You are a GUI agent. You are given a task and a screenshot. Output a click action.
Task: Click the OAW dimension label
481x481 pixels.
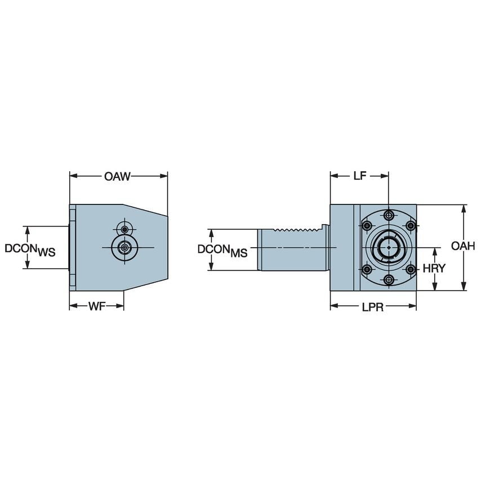pyautogui.click(x=117, y=177)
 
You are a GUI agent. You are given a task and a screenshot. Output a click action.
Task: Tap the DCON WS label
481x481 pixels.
pyautogui.click(x=30, y=249)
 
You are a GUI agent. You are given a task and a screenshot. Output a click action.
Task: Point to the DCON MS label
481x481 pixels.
pyautogui.click(x=222, y=250)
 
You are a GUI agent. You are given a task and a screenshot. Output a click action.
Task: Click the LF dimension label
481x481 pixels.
pyautogui.click(x=359, y=176)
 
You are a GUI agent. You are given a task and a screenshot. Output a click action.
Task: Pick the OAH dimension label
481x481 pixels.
pyautogui.click(x=464, y=246)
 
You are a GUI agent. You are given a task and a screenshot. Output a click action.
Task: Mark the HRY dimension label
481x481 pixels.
pyautogui.click(x=434, y=269)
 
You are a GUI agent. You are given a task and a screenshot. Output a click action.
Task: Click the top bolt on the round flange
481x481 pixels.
pyautogui.click(x=389, y=215)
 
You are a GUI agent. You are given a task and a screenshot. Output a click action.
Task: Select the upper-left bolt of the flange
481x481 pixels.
pyautogui.click(x=367, y=226)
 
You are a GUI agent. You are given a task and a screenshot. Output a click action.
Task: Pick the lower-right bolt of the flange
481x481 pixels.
pyautogui.click(x=411, y=269)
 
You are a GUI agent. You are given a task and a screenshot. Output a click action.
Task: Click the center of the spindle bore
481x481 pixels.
pyautogui.click(x=389, y=248)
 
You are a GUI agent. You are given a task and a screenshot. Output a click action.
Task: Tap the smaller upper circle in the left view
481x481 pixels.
pyautogui.click(x=124, y=229)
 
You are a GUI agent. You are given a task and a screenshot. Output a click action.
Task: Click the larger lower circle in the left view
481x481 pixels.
pyautogui.click(x=124, y=247)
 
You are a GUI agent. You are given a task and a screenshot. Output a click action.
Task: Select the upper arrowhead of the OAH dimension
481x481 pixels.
pyautogui.click(x=464, y=208)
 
